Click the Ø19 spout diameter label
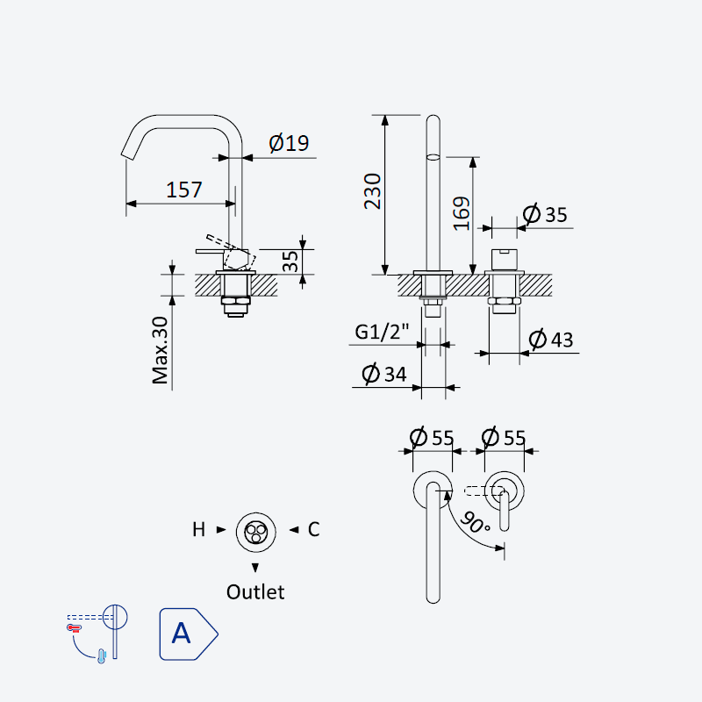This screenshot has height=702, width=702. (289, 143)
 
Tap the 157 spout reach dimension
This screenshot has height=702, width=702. (184, 190)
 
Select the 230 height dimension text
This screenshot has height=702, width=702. (372, 191)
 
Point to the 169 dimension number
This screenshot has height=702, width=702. (462, 214)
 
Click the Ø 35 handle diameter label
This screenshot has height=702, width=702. (545, 214)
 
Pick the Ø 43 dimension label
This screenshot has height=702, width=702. (551, 339)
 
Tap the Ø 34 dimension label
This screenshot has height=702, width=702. (384, 374)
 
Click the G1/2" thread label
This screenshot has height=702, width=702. (382, 332)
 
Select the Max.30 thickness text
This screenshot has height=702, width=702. (160, 350)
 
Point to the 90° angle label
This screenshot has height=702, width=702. (475, 522)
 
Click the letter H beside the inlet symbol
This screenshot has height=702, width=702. (199, 530)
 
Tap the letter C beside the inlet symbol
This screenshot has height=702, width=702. (314, 530)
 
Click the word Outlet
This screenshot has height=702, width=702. (255, 592)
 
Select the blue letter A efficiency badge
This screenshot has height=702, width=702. (189, 634)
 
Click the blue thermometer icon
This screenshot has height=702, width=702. (102, 655)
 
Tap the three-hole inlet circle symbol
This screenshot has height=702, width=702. (256, 532)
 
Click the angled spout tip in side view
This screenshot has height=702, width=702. (127, 154)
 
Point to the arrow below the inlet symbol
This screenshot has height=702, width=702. (255, 568)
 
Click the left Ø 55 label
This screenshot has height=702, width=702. (432, 437)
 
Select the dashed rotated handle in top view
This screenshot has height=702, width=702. (484, 491)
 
